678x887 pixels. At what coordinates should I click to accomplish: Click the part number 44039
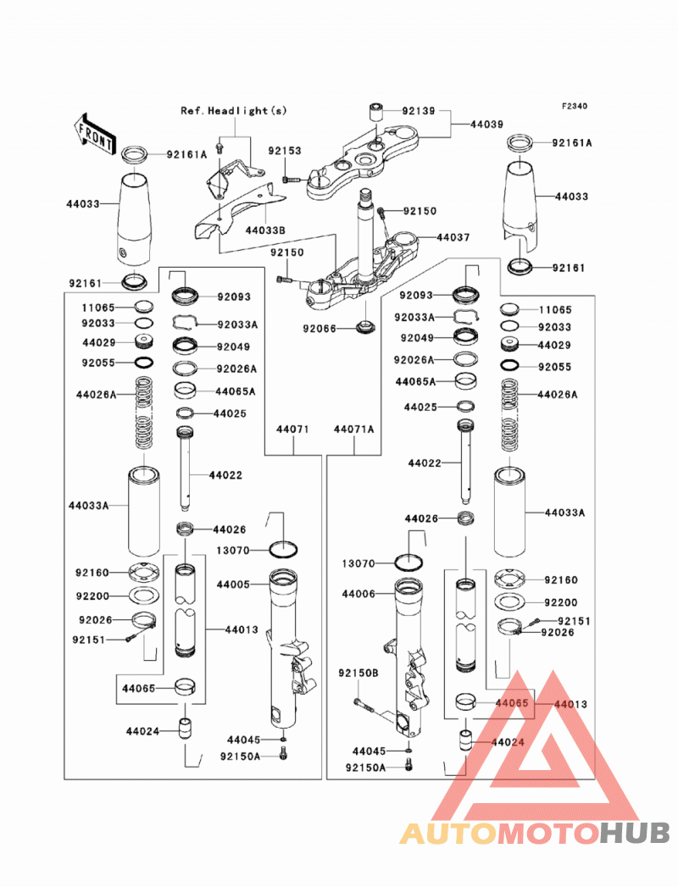click(x=486, y=124)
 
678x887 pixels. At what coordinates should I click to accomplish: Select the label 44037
click(x=453, y=237)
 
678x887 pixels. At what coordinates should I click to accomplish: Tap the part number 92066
click(x=320, y=329)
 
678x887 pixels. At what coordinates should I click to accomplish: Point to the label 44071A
click(x=354, y=430)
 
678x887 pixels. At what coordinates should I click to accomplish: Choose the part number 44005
click(x=232, y=585)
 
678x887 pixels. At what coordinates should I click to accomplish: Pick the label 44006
click(x=358, y=594)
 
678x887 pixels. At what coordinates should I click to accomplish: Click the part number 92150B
click(x=358, y=674)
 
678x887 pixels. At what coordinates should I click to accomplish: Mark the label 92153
click(x=285, y=151)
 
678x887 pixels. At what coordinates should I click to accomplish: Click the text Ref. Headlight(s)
click(x=234, y=111)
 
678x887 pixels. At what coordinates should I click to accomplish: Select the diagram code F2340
click(x=575, y=106)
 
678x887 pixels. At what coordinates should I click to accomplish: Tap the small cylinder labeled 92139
click(x=375, y=111)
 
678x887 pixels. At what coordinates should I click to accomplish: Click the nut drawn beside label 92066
click(x=366, y=326)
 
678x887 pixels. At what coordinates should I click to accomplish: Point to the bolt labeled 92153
click(x=292, y=180)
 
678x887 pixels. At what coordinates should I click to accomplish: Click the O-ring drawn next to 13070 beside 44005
click(x=284, y=549)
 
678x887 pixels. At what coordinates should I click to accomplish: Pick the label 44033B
click(x=265, y=230)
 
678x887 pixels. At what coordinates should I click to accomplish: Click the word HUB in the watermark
click(x=636, y=834)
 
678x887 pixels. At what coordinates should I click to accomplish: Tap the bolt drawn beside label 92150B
click(x=364, y=705)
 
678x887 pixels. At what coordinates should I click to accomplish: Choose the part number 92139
click(x=419, y=111)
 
